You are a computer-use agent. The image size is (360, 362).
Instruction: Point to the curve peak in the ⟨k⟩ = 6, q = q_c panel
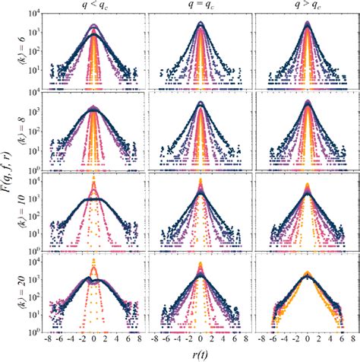(201, 24)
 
